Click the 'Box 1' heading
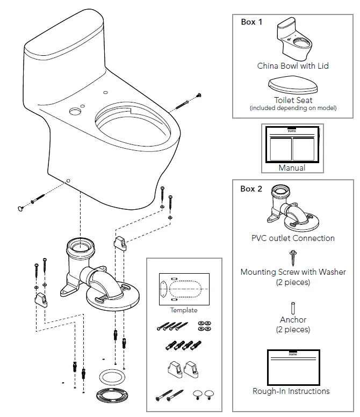[x=251, y=22]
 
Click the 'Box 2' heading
[x=251, y=188]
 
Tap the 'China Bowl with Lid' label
[x=292, y=66]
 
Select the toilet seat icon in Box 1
[x=292, y=86]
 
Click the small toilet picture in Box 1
[x=292, y=40]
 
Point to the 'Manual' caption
[x=292, y=168]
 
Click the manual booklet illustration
[x=291, y=144]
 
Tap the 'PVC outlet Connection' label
[x=293, y=238]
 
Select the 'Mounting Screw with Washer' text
[x=293, y=272]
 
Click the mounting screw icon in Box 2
[x=293, y=258]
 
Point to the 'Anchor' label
[x=293, y=320]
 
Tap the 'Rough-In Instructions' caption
[x=291, y=391]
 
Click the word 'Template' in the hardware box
[x=184, y=310]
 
